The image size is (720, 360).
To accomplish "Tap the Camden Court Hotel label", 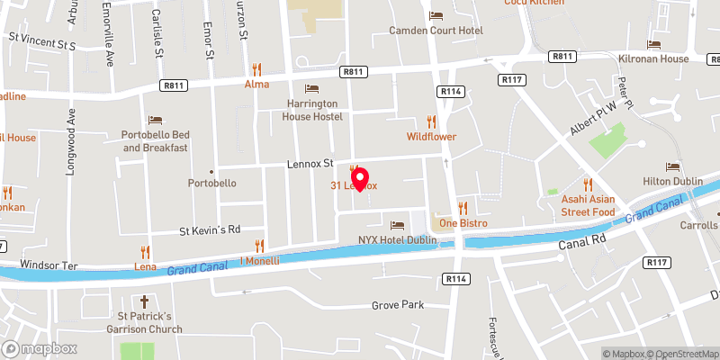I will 435,30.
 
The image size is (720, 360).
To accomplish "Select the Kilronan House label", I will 653,58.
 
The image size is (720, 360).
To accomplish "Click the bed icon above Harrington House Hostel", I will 311,88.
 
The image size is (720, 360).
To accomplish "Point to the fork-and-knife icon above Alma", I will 257,68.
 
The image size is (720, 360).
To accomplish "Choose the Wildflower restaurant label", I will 431,137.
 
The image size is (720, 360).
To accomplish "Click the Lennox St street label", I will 310,165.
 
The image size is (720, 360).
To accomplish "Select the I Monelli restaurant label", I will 259,261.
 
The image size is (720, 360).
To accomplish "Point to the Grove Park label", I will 397,306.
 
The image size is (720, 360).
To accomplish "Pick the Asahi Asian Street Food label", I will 588,205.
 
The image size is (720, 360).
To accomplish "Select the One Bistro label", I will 462,222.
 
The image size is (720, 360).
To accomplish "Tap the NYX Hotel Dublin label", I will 397,240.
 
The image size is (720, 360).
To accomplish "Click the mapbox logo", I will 38,348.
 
